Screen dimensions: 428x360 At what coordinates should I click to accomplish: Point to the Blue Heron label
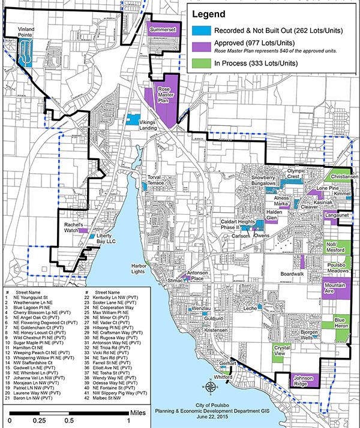click(340, 323)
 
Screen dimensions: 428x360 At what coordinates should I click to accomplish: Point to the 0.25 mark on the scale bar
click(40, 421)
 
